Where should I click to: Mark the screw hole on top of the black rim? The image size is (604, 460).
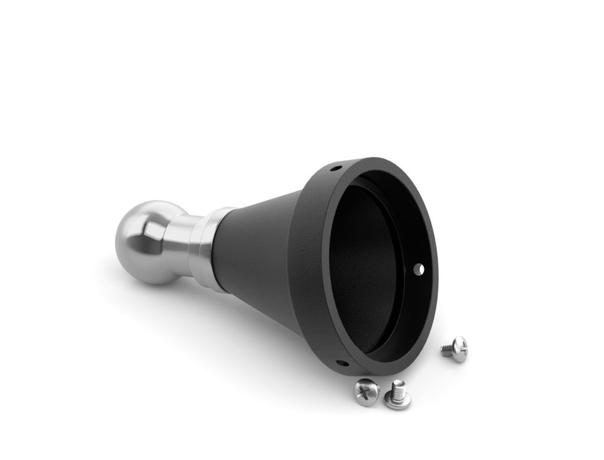pyautogui.click(x=335, y=168)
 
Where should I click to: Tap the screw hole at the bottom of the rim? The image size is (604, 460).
pyautogui.click(x=339, y=363)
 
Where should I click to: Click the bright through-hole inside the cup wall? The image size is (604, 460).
pyautogui.click(x=419, y=269)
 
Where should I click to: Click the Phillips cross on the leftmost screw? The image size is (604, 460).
pyautogui.click(x=365, y=390)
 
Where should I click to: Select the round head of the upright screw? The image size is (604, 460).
pyautogui.click(x=397, y=402)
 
